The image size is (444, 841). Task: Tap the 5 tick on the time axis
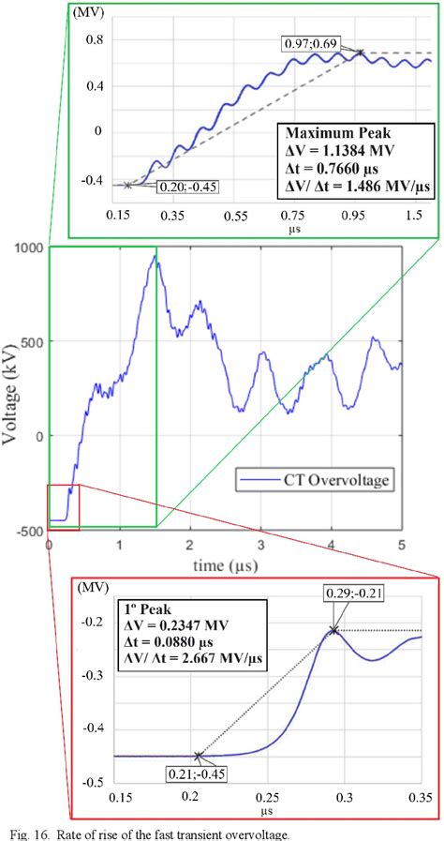(401, 545)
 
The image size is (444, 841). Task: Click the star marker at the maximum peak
(360, 53)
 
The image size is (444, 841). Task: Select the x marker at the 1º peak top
(333, 630)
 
